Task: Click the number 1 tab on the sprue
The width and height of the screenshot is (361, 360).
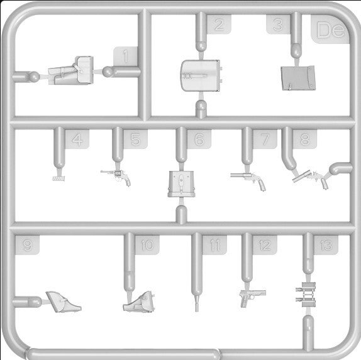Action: click(126, 57)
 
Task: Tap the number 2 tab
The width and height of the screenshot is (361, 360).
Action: click(219, 25)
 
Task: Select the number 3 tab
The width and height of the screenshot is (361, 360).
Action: click(278, 25)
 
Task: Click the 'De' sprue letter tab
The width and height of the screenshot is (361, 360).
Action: click(330, 29)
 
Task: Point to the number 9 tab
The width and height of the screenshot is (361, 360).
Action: click(27, 245)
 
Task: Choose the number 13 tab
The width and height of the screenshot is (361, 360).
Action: click(326, 245)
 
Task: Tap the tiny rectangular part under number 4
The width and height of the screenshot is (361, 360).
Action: click(58, 178)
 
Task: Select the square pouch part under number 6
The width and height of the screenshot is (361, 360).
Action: click(181, 184)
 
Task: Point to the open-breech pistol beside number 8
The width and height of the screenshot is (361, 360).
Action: click(311, 180)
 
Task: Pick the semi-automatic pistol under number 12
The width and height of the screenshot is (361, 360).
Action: click(253, 298)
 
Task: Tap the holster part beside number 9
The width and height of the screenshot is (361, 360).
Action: click(64, 302)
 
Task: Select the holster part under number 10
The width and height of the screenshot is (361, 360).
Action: click(139, 302)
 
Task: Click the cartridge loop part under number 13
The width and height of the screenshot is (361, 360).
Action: click(306, 295)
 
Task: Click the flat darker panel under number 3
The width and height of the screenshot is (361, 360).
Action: click(298, 78)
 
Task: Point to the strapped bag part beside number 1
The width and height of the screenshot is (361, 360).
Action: click(71, 70)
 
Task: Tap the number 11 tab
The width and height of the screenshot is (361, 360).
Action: click(214, 245)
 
